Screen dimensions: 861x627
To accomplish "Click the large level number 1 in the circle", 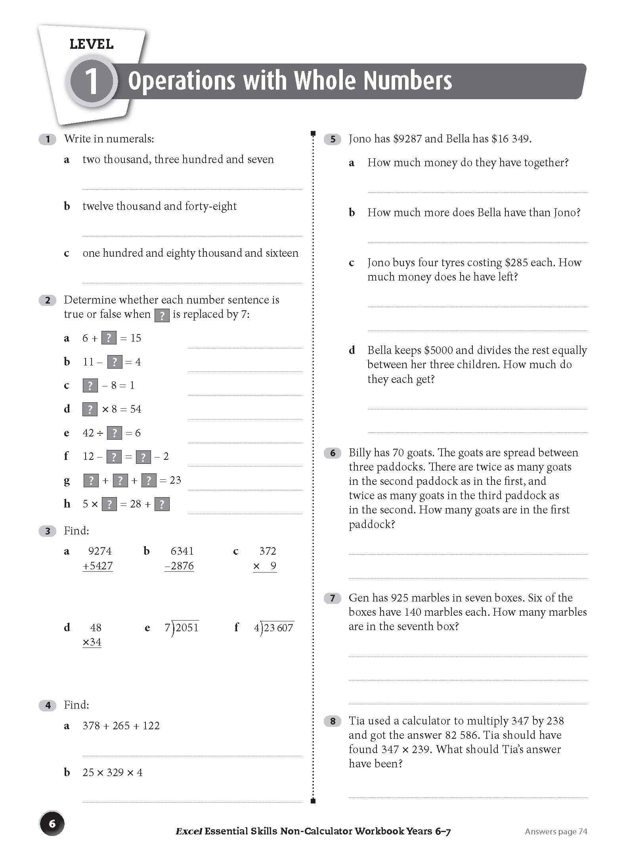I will (x=92, y=81).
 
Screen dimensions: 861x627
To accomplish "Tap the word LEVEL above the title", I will (x=92, y=44).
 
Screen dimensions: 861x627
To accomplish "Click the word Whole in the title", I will (x=325, y=81).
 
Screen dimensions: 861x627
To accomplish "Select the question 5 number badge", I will (x=333, y=139).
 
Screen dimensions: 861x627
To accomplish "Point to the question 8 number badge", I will (x=333, y=721).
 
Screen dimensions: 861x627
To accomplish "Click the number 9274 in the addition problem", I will (x=100, y=551).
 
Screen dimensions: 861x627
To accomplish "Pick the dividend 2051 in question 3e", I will (x=187, y=628).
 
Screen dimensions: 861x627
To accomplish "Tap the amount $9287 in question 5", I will (x=407, y=139).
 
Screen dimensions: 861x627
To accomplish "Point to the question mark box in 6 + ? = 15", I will (x=109, y=338).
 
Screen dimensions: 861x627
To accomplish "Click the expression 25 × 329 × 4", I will (x=113, y=773).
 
